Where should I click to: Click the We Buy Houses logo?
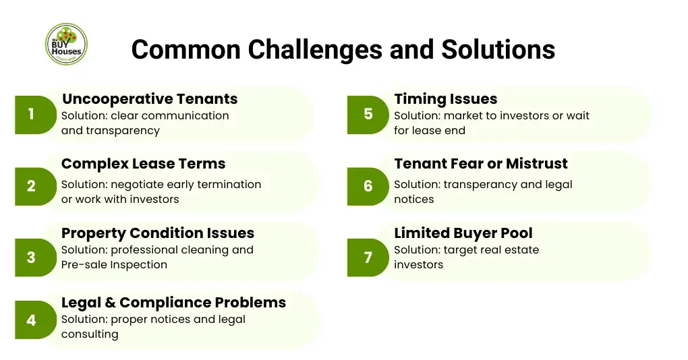[66, 44]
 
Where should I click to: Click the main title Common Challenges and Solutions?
[343, 49]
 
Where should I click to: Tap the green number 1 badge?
[32, 115]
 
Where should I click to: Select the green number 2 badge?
[32, 186]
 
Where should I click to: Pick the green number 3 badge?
[32, 257]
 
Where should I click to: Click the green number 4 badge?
[32, 320]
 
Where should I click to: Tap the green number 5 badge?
[368, 115]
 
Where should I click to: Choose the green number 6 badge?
[368, 186]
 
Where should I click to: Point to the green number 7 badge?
[368, 257]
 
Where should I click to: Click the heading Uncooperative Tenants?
[149, 99]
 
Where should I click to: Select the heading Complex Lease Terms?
[143, 164]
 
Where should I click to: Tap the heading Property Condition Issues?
[158, 233]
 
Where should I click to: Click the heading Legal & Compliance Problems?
[173, 303]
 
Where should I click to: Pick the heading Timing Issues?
[445, 99]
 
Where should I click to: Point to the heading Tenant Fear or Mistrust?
[480, 164]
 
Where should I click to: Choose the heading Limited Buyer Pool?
[463, 233]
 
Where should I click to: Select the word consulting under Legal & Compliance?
[90, 334]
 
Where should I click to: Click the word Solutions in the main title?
[498, 49]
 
